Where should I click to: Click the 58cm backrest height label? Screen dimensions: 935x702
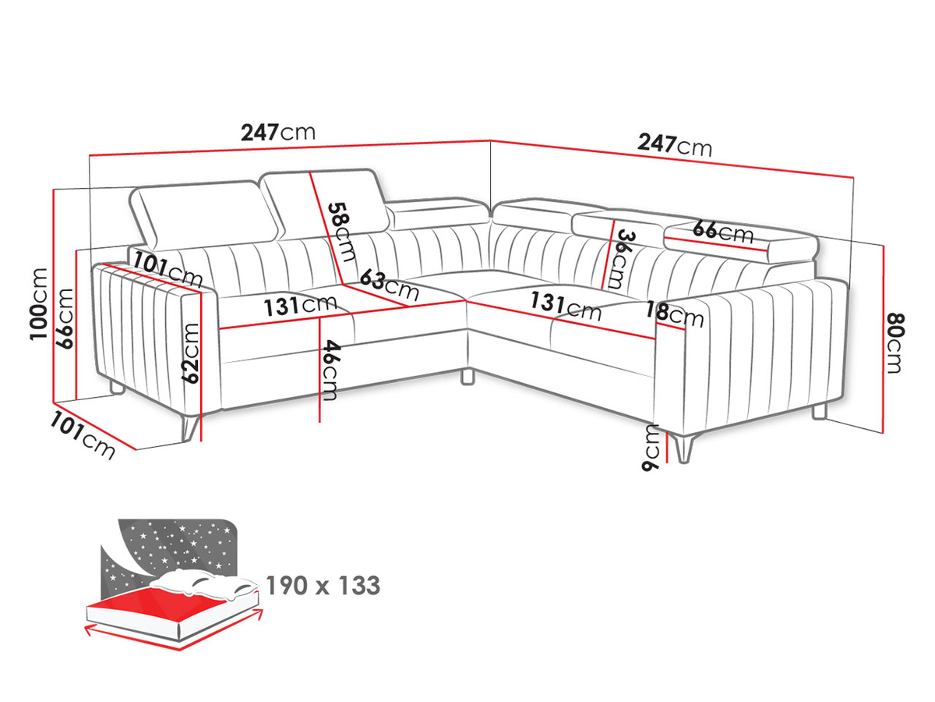342,232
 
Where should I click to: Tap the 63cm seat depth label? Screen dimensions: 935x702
390,285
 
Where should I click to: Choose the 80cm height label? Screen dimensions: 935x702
895,343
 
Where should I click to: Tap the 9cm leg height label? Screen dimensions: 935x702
651,448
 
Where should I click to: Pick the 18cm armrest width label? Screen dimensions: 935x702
674,314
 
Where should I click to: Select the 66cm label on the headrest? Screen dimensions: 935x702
722,232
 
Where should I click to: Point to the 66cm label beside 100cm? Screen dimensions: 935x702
65,318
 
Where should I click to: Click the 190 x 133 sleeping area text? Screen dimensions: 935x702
323,585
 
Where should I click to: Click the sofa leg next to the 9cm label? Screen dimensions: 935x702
684,447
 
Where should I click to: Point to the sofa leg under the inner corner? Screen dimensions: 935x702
467,377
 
